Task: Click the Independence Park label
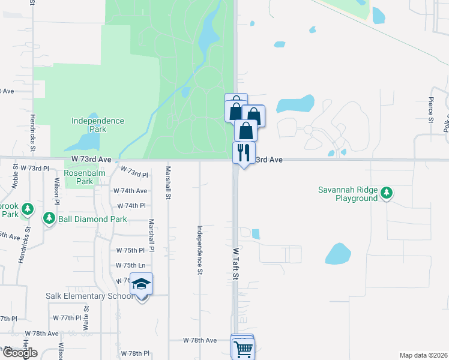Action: pos(97,125)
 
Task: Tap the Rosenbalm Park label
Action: pos(79,177)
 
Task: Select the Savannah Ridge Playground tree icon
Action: pos(388,193)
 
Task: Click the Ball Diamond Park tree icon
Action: pos(49,219)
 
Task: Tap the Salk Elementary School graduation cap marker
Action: pos(142,284)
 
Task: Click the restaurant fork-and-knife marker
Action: pos(244,152)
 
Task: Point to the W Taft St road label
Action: pos(236,264)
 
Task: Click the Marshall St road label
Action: pos(169,183)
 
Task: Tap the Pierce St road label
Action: pos(431,110)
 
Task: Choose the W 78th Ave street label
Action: pos(200,340)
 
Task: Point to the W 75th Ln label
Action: pos(130,265)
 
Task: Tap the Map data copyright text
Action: pos(423,355)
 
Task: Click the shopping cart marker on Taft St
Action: pos(243,349)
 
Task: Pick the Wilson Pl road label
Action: pos(56,192)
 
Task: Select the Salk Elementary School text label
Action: pos(89,296)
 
